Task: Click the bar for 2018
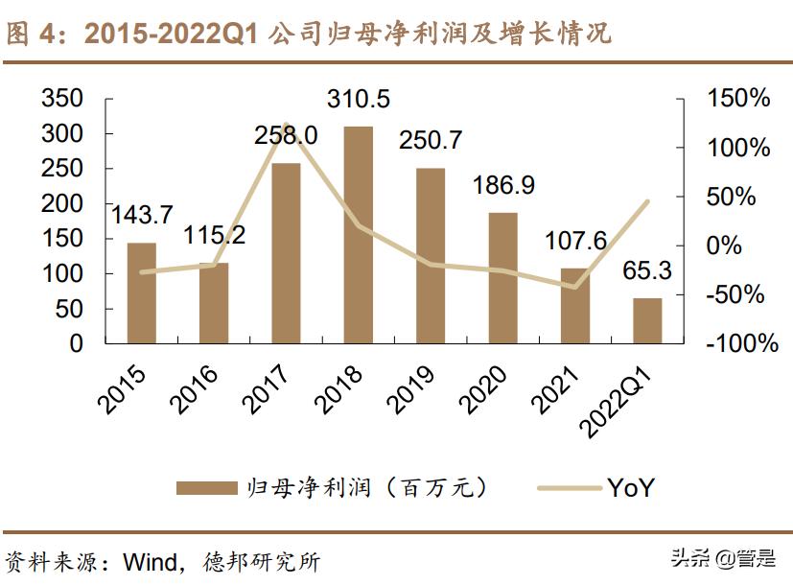(358, 235)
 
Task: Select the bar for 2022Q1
(646, 320)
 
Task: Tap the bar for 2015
(142, 292)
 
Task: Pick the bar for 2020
(502, 278)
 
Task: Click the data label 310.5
(358, 100)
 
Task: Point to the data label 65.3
(646, 271)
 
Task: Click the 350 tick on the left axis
(63, 99)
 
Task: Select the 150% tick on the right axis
(737, 99)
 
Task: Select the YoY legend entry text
(631, 488)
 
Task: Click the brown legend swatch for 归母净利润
(205, 488)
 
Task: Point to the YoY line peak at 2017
(286, 126)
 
